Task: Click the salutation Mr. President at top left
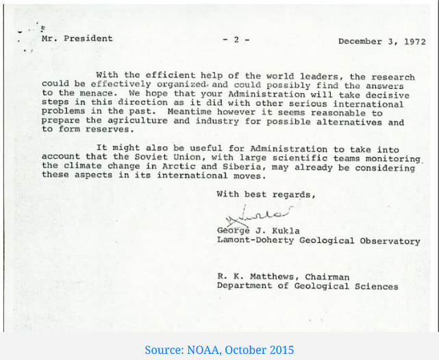(x=77, y=38)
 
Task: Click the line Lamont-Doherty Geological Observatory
(x=318, y=241)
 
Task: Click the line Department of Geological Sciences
(x=308, y=287)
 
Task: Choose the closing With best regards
(x=266, y=194)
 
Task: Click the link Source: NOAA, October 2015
(x=219, y=350)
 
